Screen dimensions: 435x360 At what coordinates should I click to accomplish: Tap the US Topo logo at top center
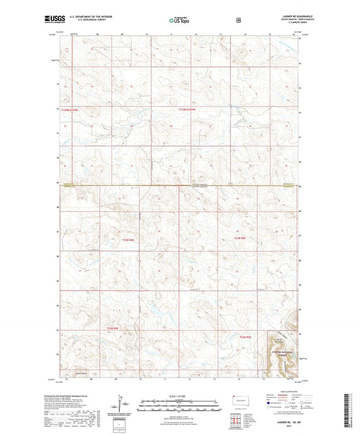click(178, 21)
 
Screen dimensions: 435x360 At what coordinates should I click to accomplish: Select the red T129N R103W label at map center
click(191, 109)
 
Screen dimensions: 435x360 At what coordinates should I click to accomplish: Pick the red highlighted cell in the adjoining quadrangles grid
click(234, 417)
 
